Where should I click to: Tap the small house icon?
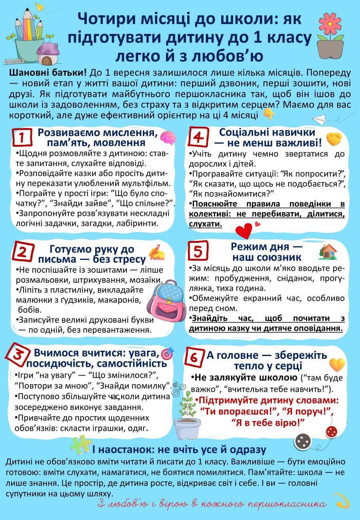pos(328,251)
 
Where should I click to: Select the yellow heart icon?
pos(337,364)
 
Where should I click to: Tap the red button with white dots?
pos(331,431)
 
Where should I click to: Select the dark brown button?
pos(303,441)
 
